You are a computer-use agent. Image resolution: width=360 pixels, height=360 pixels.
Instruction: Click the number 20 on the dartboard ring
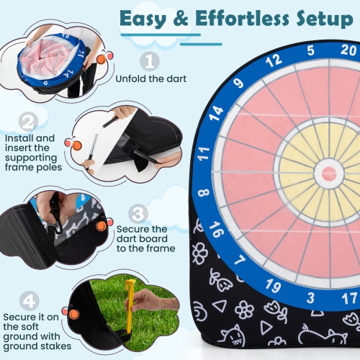348,50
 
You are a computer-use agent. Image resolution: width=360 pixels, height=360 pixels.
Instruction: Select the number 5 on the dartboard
310,50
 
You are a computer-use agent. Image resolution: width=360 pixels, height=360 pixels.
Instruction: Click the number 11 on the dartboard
204,152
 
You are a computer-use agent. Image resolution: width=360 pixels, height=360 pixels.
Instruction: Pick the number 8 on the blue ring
204,192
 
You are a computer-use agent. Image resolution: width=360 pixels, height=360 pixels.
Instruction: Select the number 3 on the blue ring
311,296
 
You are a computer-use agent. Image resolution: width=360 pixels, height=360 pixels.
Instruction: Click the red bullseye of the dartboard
330,174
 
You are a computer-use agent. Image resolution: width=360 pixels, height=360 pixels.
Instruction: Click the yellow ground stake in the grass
130,306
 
